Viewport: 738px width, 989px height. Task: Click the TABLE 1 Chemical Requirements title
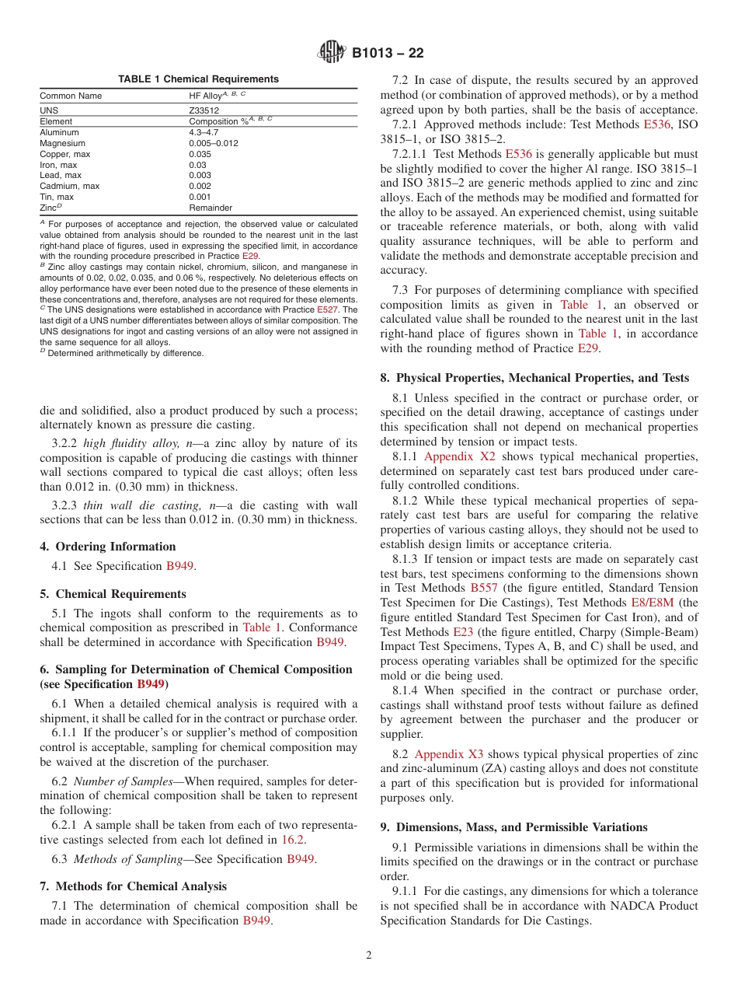tap(198, 79)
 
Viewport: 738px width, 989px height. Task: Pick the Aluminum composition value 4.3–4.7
tap(204, 132)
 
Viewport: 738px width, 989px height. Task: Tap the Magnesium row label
tap(62, 143)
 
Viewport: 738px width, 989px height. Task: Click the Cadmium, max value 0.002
tap(200, 186)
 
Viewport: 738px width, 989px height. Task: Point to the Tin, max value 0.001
tap(200, 197)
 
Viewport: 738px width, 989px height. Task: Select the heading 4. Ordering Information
tap(107, 547)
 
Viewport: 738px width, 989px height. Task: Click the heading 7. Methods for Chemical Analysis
tap(133, 886)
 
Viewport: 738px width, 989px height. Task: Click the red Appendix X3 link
tap(448, 754)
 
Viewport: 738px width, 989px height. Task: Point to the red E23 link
tap(462, 631)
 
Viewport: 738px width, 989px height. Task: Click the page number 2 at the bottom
tap(369, 956)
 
